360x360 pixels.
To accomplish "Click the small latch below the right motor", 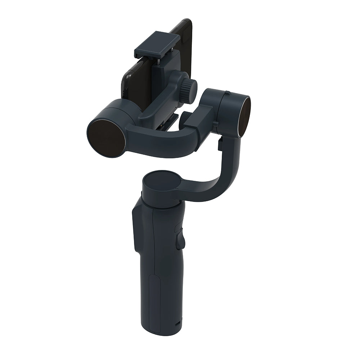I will coord(220,144).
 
